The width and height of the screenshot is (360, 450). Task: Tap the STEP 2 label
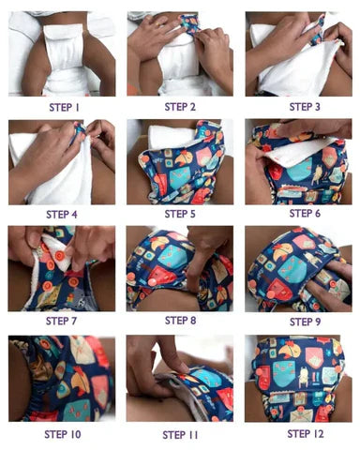coord(180,107)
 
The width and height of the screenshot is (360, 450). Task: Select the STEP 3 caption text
coord(298,107)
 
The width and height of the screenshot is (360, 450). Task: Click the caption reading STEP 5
coord(180,214)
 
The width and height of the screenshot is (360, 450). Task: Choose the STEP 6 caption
coord(299,214)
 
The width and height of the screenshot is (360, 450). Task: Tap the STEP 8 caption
coord(180,321)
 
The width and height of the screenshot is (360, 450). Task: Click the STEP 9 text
coord(299,321)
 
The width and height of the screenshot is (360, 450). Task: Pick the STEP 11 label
coord(180,434)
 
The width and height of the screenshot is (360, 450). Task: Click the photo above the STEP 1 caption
coord(62,53)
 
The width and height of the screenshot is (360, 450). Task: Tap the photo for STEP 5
coord(180,161)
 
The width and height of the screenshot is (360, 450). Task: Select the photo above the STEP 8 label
coord(180,268)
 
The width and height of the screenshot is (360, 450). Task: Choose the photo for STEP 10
coord(62,379)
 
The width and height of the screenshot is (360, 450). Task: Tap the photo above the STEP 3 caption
coord(299,53)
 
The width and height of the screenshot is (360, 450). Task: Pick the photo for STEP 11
coord(180,379)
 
